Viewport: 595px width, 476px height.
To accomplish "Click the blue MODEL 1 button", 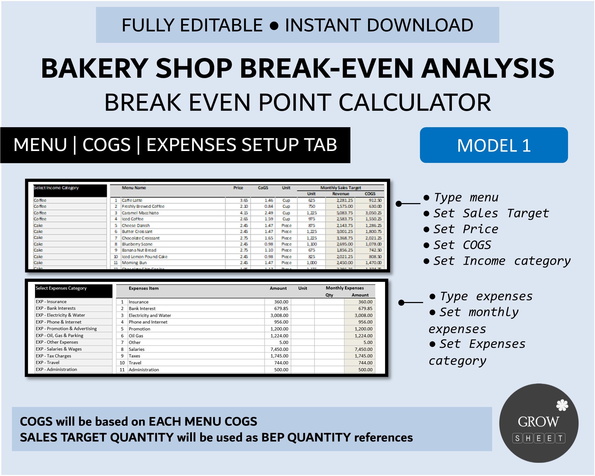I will click(x=494, y=145).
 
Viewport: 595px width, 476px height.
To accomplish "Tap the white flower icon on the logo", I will click(x=562, y=405).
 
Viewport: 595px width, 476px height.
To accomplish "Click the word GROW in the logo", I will click(x=538, y=422).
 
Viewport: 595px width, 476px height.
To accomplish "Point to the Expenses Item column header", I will click(x=144, y=288).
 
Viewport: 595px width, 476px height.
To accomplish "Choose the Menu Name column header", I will click(x=134, y=188).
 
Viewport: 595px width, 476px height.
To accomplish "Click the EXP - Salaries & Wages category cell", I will click(x=59, y=349).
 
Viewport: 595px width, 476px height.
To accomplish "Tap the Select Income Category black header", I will click(x=70, y=190).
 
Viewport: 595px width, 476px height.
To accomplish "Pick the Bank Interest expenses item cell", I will click(x=142, y=309).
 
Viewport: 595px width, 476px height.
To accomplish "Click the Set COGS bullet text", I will click(x=462, y=245).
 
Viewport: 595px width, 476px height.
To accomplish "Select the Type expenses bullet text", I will click(x=486, y=296).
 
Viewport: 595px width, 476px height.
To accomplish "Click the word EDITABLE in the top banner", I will click(x=221, y=25).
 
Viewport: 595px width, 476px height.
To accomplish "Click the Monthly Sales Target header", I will click(x=341, y=188).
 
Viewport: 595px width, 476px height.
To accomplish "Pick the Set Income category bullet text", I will click(x=502, y=261).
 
